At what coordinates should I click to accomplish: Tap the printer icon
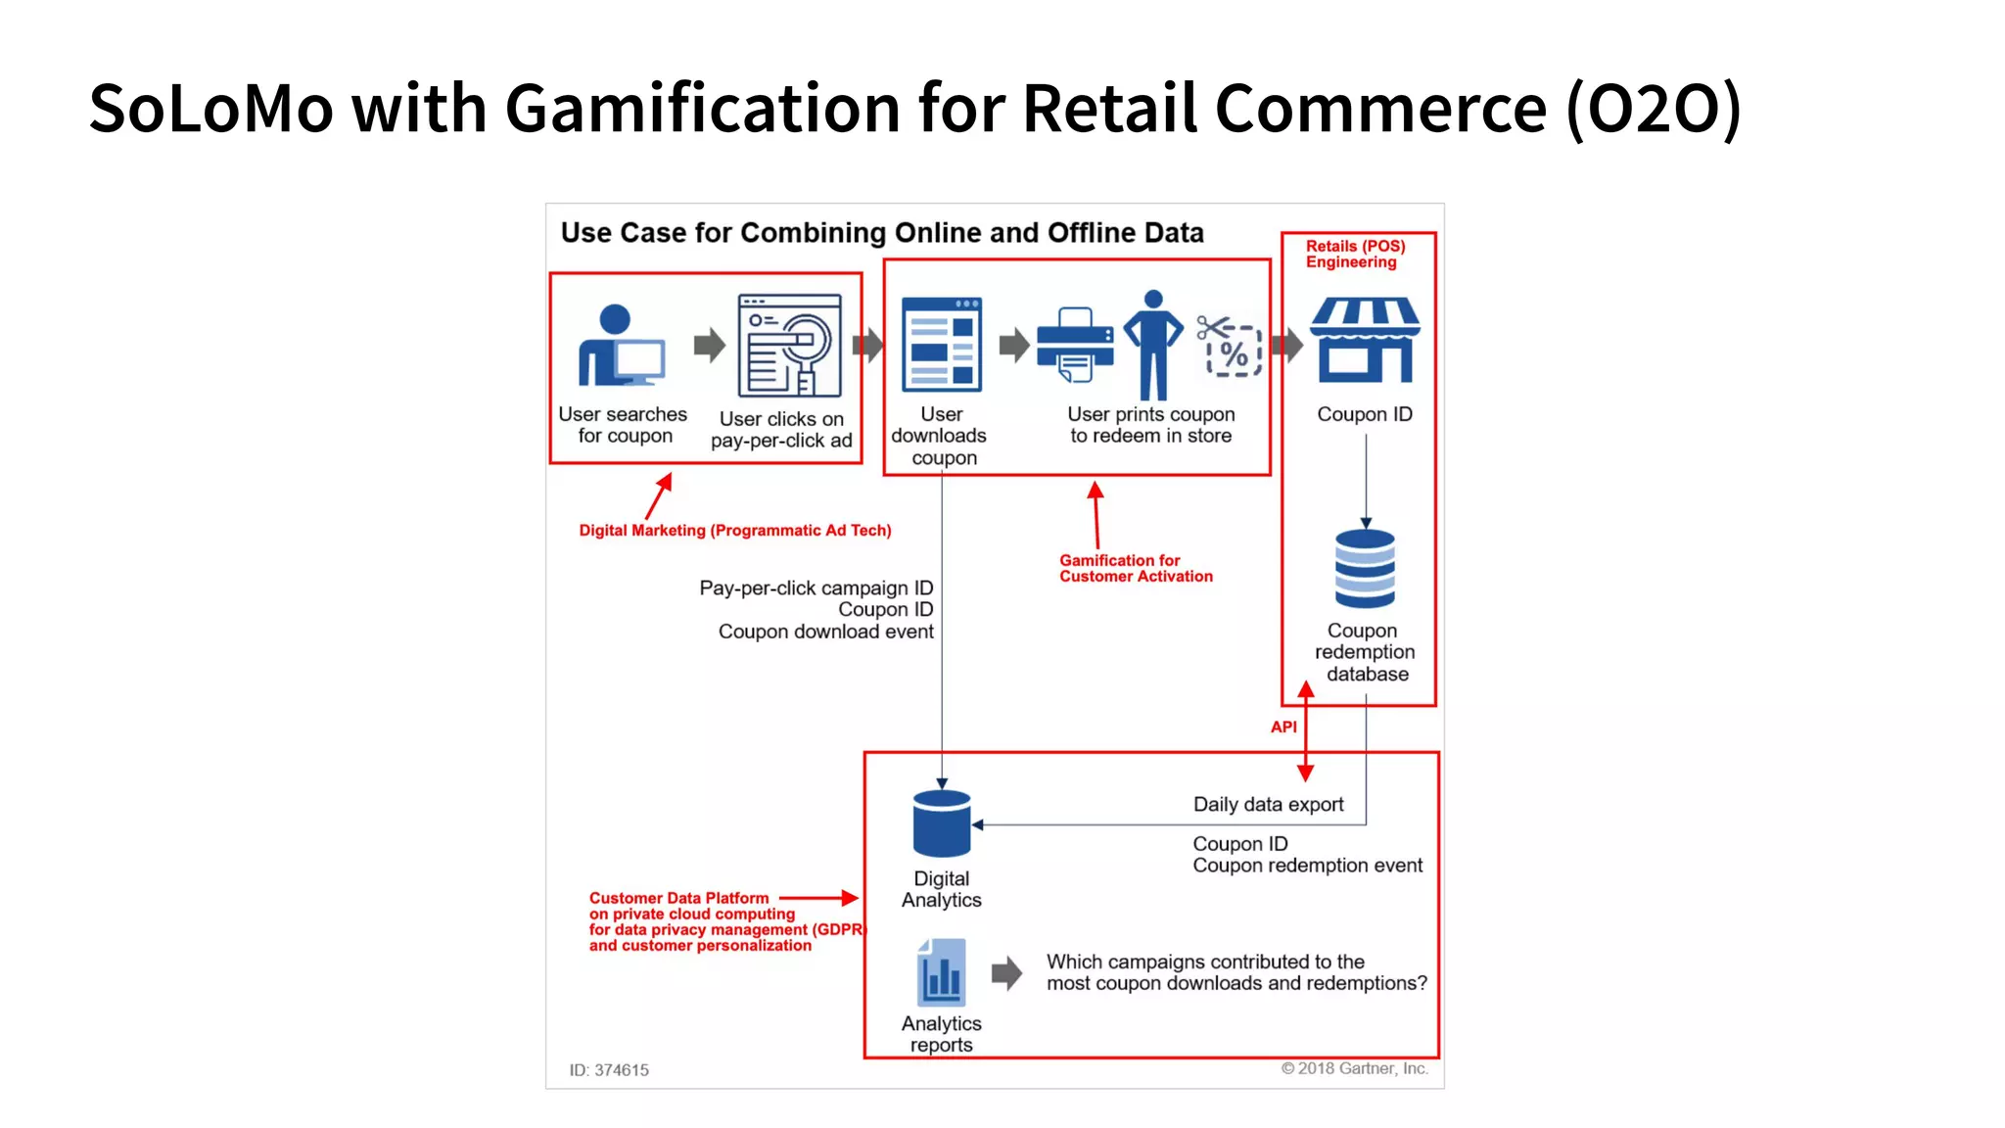pos(1075,346)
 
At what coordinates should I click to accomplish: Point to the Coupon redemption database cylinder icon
pos(1365,569)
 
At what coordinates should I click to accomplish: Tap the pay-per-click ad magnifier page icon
pos(789,346)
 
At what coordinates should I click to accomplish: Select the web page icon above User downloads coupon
pos(941,345)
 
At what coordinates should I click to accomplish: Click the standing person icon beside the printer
pos(1153,345)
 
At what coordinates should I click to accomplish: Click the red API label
pos(1283,727)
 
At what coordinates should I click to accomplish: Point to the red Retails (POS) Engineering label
pos(1355,254)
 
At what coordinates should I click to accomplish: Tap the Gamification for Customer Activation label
pos(1136,568)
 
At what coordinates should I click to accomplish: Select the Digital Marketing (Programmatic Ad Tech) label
pos(735,530)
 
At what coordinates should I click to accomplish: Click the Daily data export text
pos(1268,804)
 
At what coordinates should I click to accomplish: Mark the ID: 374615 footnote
pos(609,1070)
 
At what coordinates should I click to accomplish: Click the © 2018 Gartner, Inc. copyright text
pos(1355,1068)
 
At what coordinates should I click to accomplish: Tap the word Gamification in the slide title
pos(702,108)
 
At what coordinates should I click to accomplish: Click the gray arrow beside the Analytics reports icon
pos(1006,973)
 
